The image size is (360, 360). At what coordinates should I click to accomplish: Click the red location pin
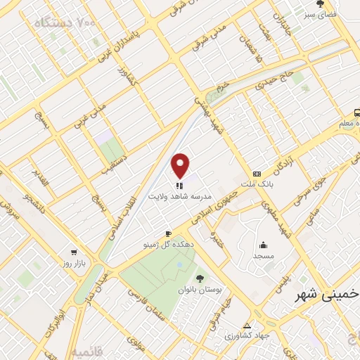tap(181, 165)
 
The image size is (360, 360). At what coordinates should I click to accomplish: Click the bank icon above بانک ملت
tap(257, 173)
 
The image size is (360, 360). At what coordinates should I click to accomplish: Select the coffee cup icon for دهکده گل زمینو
tap(168, 233)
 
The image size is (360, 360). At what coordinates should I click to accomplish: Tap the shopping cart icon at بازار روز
tap(73, 251)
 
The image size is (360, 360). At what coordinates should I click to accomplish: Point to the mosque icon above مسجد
tap(263, 245)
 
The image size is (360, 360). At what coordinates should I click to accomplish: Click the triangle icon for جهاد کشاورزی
tap(247, 325)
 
